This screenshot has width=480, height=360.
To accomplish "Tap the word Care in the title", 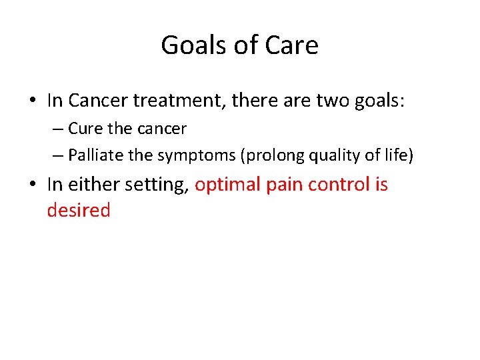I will tap(291, 45).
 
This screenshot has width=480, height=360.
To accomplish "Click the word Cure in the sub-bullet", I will tap(82, 129).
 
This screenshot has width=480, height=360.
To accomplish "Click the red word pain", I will tap(286, 185).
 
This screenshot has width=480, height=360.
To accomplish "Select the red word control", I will tap(340, 185).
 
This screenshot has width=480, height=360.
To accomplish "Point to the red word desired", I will tap(78, 210).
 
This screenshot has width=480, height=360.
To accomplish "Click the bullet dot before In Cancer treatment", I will tap(32, 101).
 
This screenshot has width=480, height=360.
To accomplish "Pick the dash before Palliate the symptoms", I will tap(58, 156).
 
